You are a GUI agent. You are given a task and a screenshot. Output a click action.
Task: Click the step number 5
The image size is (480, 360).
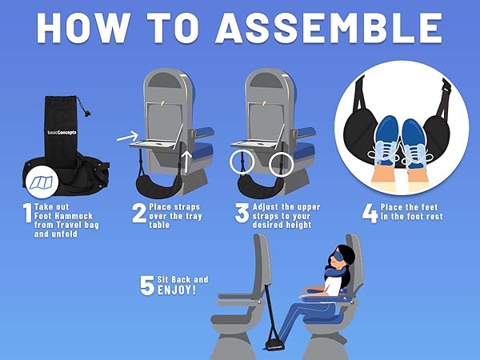tap(147, 286)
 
